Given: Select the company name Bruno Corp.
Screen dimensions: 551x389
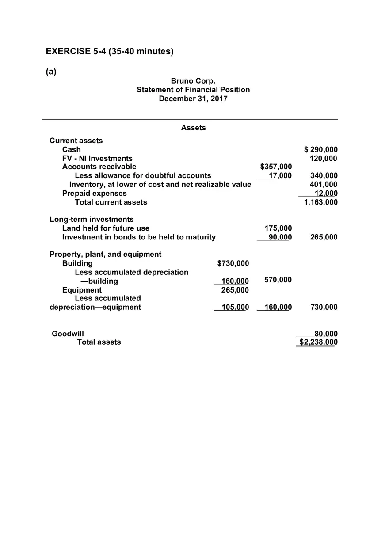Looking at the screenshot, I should coord(193,81).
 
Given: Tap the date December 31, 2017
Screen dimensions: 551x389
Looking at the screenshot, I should coord(193,99).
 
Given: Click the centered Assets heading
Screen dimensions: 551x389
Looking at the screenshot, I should coord(193,128).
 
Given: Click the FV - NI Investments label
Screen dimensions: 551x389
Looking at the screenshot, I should coord(97,158).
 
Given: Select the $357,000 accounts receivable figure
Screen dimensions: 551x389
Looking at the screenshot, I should coord(276,167).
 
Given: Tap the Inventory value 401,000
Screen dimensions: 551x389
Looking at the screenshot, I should coord(324,184).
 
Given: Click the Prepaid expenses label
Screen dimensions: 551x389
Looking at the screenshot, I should coord(94,193).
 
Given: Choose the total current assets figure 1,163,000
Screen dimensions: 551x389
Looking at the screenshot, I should coord(321,202).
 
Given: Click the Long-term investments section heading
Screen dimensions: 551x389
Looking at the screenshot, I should coord(92,219).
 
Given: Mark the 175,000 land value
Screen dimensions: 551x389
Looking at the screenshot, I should coord(278,228).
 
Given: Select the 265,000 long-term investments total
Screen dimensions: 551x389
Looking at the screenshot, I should coord(324,237).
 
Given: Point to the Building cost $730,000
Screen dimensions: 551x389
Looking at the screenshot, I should coord(233,263).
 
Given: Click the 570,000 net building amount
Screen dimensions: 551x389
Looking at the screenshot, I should coord(278,280).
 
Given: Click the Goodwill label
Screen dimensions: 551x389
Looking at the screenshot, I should coord(68,334).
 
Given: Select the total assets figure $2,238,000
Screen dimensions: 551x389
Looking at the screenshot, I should coord(318,342).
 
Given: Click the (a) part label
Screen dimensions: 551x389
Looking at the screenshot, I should coord(51,72).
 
